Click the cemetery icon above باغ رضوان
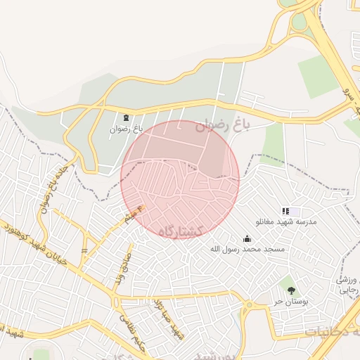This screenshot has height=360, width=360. (126, 118)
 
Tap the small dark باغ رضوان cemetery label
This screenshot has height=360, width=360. (126, 129)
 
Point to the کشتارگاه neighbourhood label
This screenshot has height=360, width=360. (181, 231)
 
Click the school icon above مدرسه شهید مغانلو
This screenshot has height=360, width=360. (285, 211)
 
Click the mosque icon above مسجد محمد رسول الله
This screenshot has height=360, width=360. (247, 238)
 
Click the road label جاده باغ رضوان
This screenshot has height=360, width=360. (49, 184)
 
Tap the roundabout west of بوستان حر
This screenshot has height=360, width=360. (250, 305)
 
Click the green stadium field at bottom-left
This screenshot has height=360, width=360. (41, 354)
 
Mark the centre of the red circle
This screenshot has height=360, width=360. (180, 179)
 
